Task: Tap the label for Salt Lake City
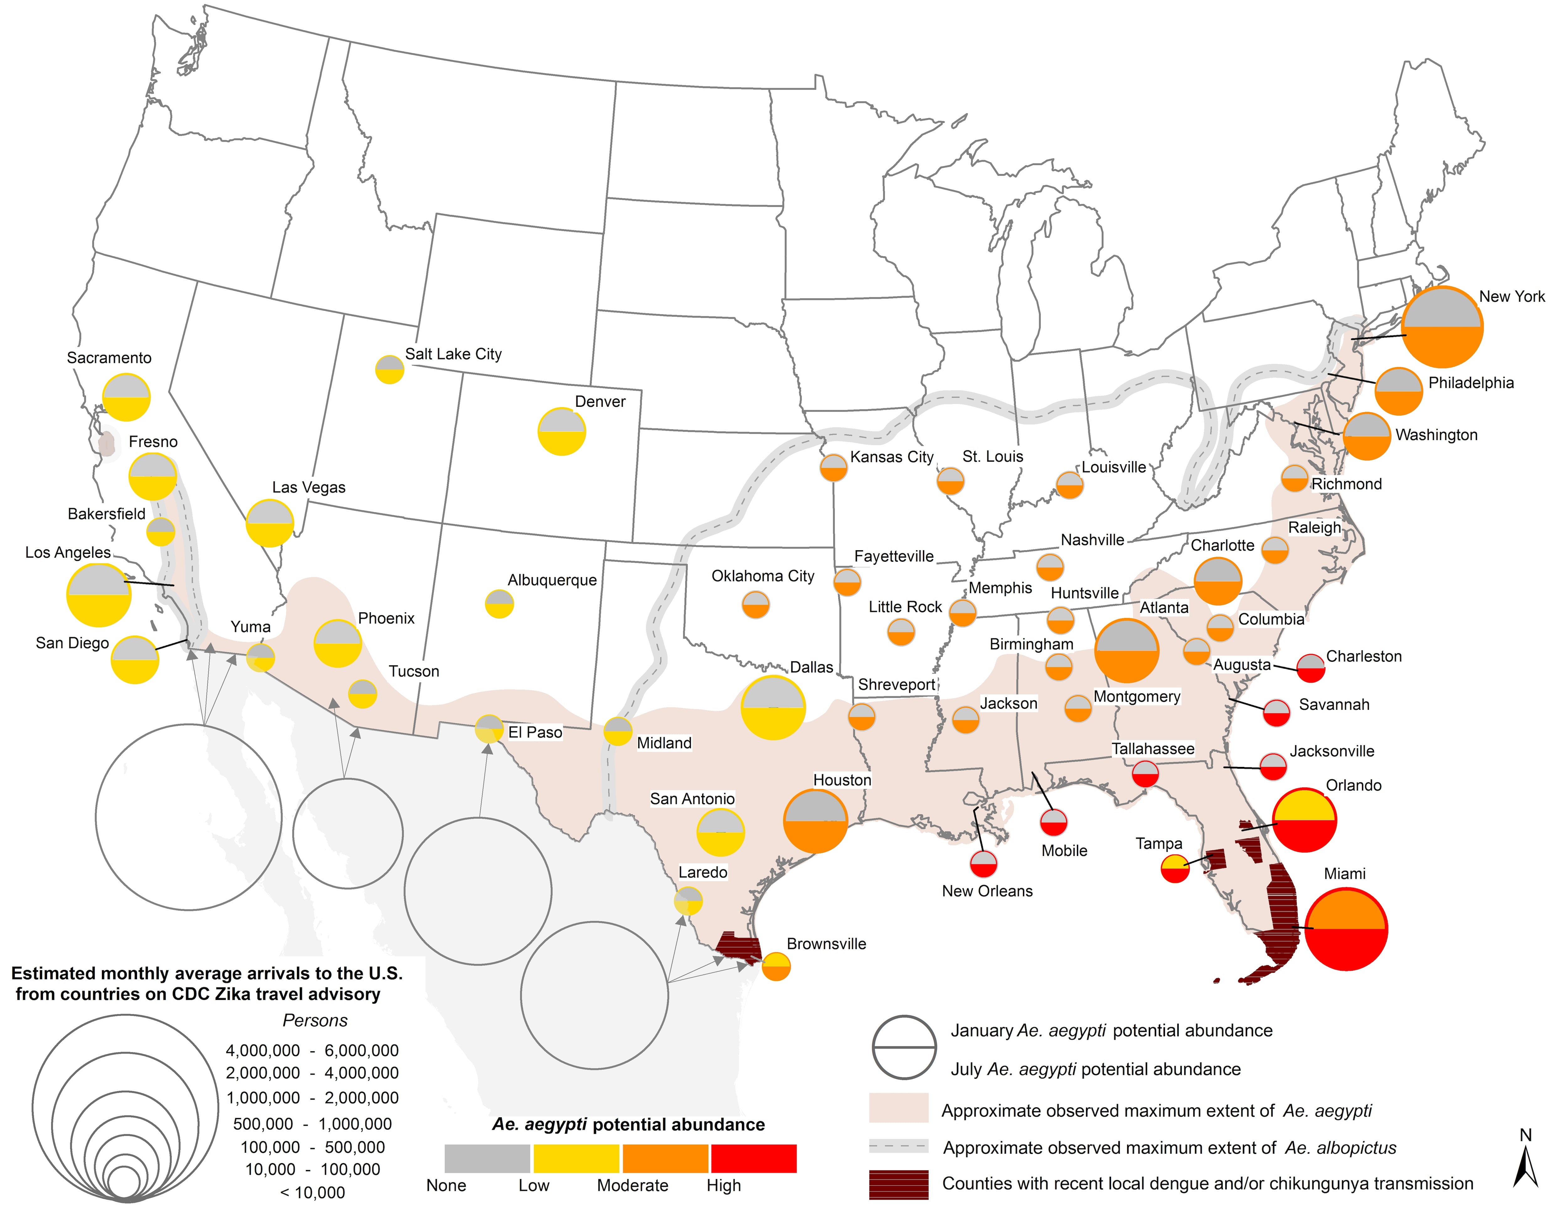pos(453,354)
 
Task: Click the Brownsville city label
pos(826,944)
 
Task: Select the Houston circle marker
pos(816,821)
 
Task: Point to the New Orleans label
pos(987,891)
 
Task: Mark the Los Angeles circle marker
pos(99,595)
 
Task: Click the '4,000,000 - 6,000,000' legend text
pos(312,1050)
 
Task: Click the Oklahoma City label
pos(762,576)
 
